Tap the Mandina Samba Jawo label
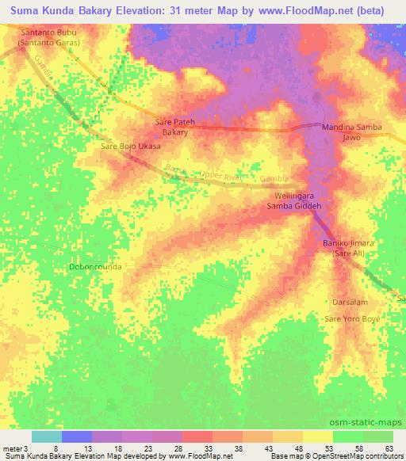(x=351, y=131)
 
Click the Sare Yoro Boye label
(x=352, y=318)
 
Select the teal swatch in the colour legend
(x=47, y=436)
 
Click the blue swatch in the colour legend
(x=77, y=436)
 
